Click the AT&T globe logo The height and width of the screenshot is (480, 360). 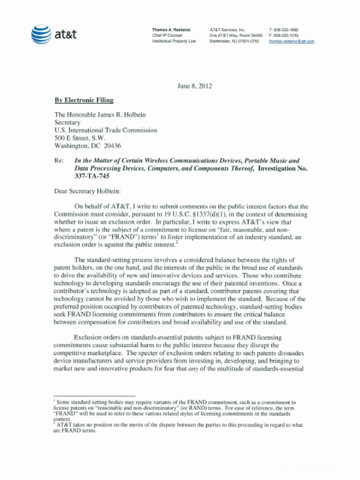[41, 34]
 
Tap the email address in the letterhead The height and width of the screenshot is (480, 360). [291, 41]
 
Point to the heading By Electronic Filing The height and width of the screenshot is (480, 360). [84, 100]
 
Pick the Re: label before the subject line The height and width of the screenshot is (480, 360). [59, 160]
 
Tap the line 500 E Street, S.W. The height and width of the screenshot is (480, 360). [80, 138]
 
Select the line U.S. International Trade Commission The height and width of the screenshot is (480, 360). [105, 130]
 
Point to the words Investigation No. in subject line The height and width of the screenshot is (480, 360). [283, 168]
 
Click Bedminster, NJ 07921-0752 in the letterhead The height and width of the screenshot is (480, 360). [234, 41]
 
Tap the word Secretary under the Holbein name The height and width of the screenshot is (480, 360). [67, 122]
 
